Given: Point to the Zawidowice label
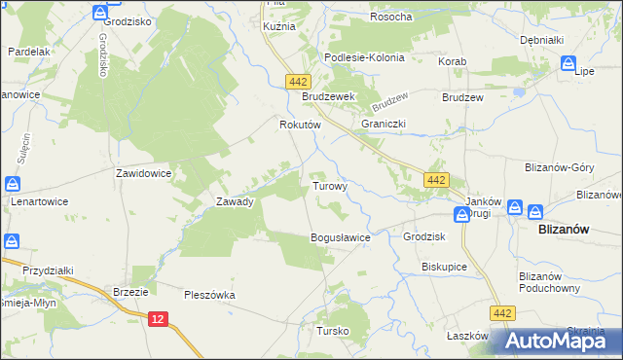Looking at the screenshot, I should [x=144, y=172].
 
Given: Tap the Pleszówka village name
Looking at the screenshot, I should [x=210, y=294].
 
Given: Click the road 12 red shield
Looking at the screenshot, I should [x=159, y=318].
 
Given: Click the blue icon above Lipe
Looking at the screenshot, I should [x=569, y=63].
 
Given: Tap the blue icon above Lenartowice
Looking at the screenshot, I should [x=13, y=183].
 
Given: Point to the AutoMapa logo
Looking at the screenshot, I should [x=554, y=342].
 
